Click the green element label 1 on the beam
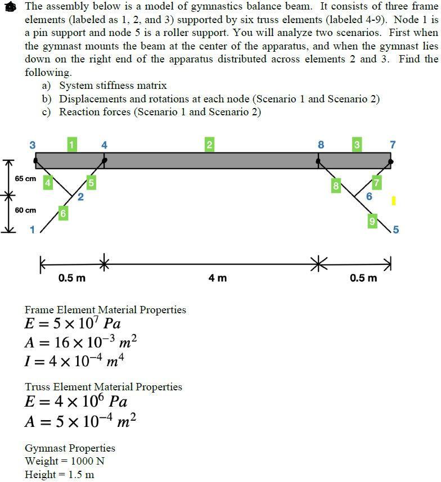click(x=71, y=144)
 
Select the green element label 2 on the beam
click(x=209, y=145)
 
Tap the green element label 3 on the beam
click(x=356, y=145)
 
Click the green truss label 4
click(x=48, y=182)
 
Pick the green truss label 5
click(x=91, y=182)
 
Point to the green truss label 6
click(x=63, y=214)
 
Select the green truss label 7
click(x=377, y=182)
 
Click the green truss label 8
click(x=336, y=185)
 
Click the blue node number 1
click(x=32, y=229)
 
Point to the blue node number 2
click(x=80, y=197)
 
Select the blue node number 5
click(x=396, y=229)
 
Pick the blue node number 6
click(x=369, y=196)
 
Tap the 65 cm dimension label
click(x=25, y=179)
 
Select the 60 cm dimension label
click(x=25, y=210)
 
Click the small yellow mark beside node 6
click(x=394, y=200)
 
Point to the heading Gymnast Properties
click(x=70, y=448)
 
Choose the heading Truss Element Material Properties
click(x=103, y=387)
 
